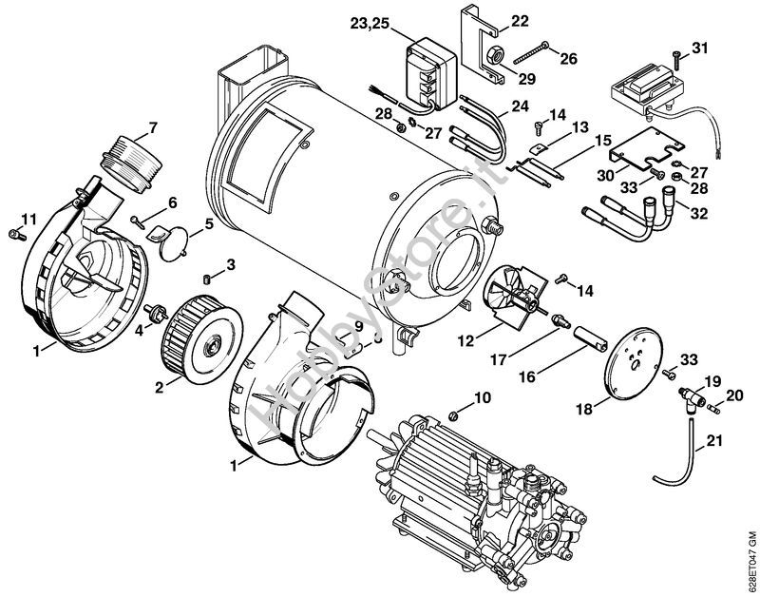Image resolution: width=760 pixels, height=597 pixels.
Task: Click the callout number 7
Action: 153,127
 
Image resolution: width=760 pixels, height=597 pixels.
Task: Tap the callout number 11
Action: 29,220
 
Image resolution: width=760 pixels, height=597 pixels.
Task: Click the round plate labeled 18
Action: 633,358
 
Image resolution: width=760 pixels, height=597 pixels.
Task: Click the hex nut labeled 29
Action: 496,58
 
